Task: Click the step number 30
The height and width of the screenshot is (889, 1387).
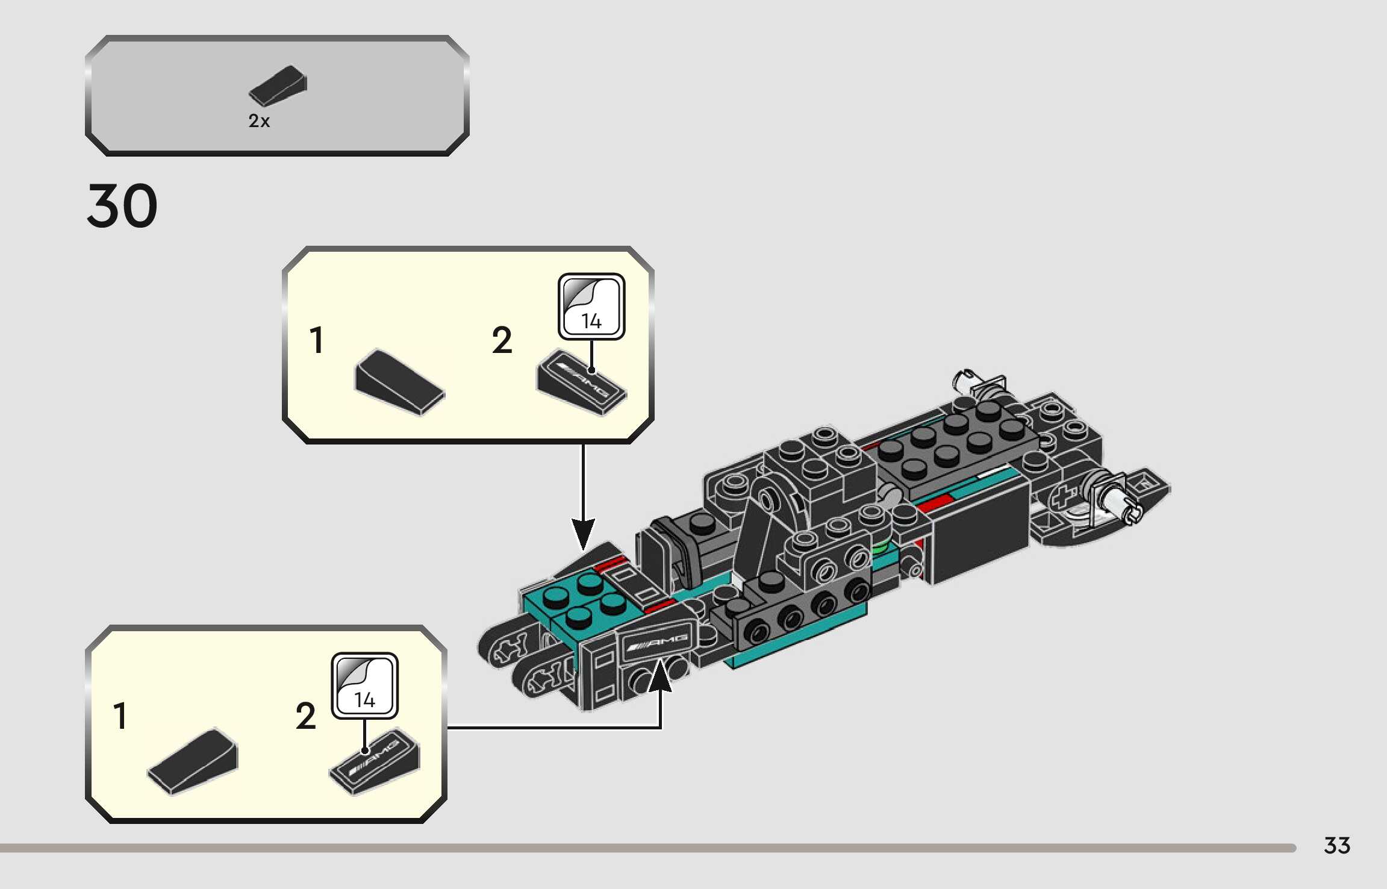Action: (x=122, y=206)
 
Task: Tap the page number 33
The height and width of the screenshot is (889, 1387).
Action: (x=1336, y=846)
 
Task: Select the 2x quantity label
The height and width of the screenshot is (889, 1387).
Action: (x=259, y=121)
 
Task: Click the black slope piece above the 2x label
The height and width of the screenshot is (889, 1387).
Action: (x=278, y=86)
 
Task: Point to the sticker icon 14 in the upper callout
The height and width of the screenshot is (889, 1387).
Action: (x=591, y=307)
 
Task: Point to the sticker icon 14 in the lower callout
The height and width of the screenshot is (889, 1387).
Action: (x=364, y=685)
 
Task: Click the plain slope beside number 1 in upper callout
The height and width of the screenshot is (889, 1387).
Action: (x=399, y=381)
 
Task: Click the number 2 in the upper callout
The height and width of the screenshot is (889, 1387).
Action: (x=502, y=341)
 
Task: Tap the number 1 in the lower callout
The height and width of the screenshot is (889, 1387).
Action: (x=120, y=716)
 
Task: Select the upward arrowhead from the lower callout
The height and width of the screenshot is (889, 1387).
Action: (x=660, y=675)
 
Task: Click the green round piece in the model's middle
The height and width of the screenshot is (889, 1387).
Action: (x=880, y=547)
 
